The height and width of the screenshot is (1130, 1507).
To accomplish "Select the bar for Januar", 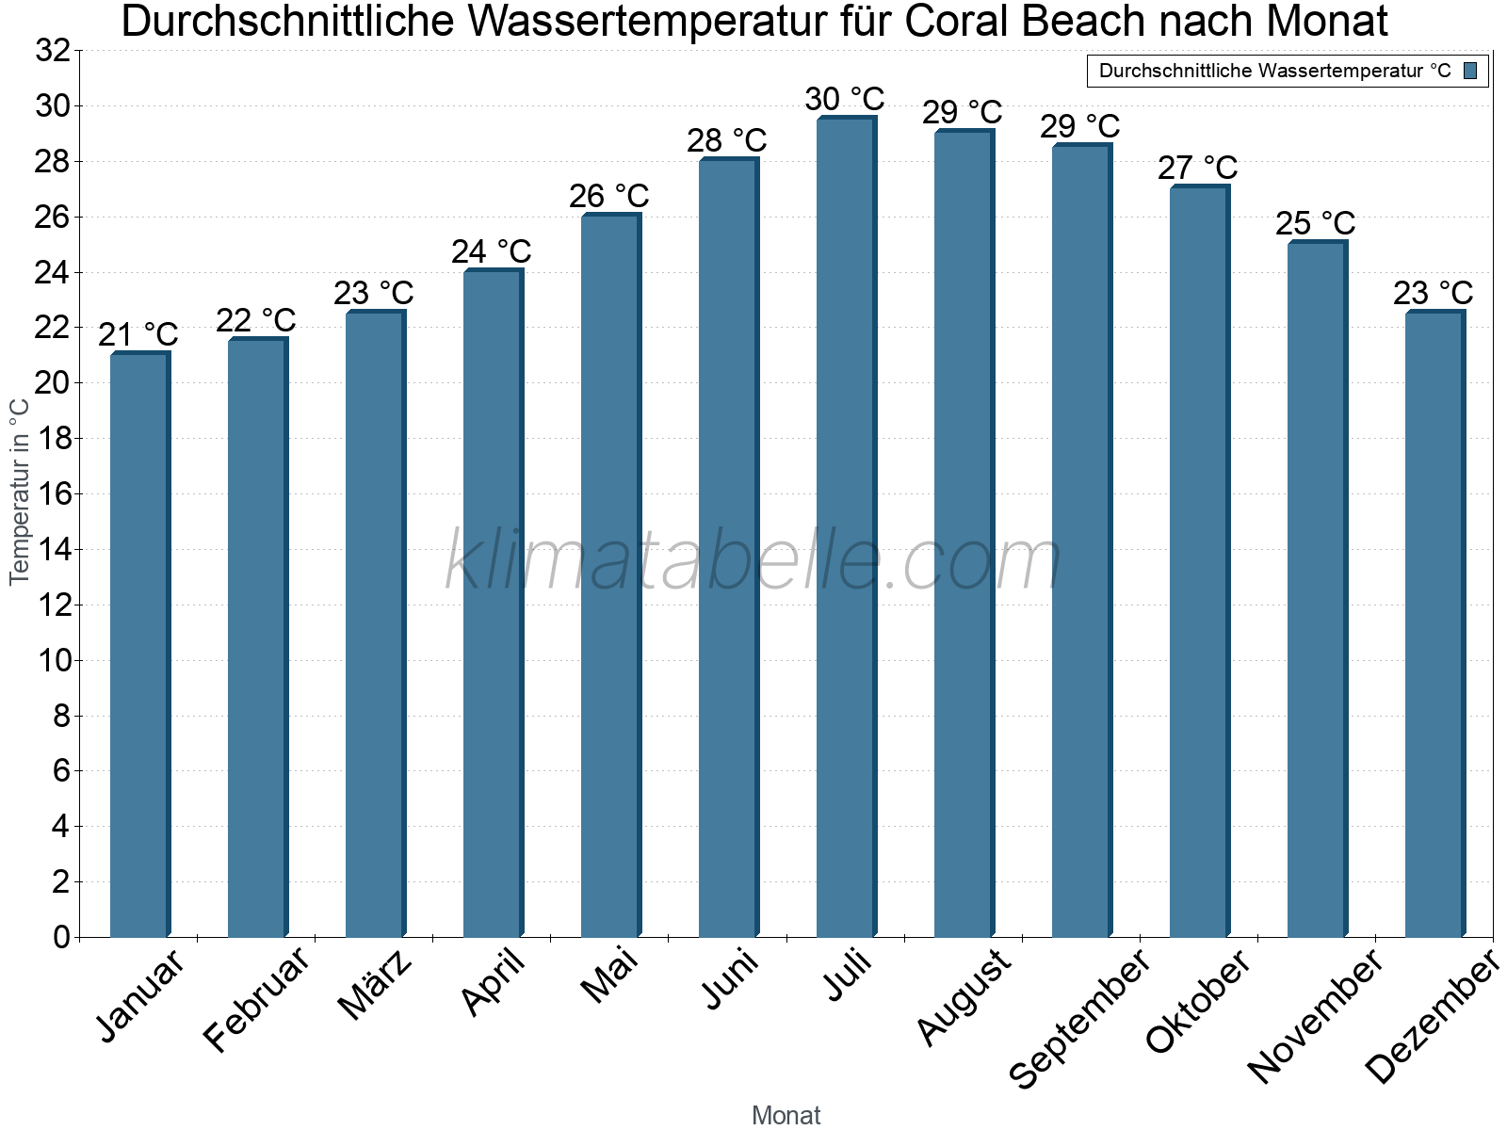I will pos(139,645).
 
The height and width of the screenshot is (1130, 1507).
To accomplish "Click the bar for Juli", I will pos(846,527).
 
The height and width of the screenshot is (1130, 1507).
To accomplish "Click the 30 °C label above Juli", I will pos(845,99).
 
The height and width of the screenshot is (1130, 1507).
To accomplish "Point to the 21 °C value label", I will pos(138,335).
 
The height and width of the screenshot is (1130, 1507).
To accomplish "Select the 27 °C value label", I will pos(1198,169).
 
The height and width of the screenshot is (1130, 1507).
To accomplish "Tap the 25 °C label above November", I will pos(1316,224).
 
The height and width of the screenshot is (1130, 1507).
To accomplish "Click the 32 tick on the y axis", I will pos(53,51).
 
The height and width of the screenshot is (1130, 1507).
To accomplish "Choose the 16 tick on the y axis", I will pos(53,494).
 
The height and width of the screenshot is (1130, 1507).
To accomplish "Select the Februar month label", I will pos(256,999).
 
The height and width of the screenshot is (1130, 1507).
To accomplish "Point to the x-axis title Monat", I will pos(786,1116).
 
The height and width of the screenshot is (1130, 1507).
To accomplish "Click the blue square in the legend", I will pos(1470,71).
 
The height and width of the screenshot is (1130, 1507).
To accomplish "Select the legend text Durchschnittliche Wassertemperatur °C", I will pos(1275,71).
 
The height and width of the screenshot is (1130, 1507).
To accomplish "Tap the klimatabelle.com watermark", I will pos(753,561).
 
